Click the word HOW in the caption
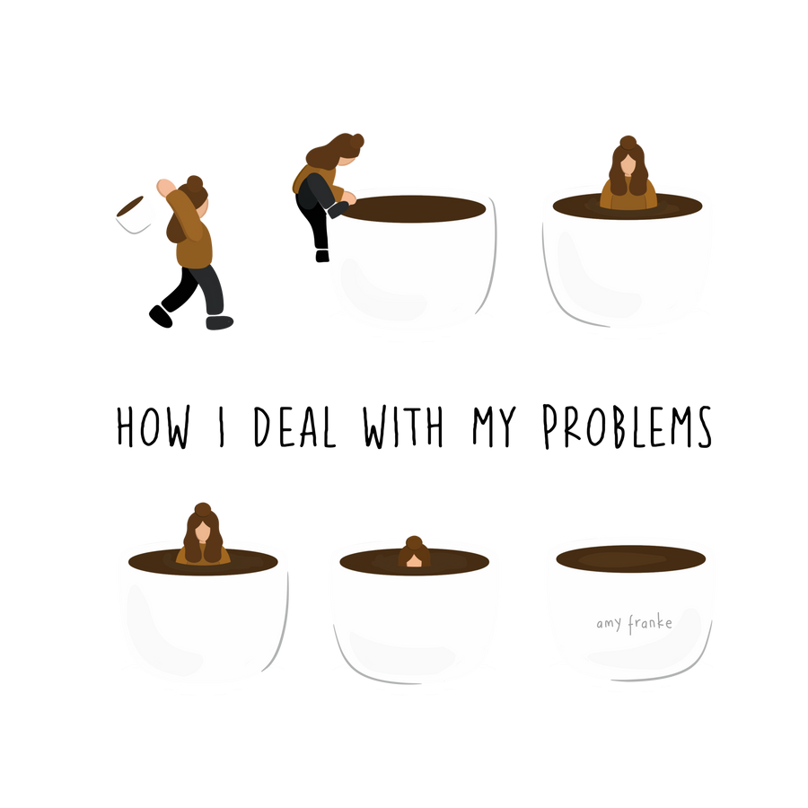(153, 426)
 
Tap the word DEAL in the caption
(294, 426)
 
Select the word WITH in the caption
(403, 426)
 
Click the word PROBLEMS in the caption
(628, 426)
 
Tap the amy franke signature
(635, 624)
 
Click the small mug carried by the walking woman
(134, 214)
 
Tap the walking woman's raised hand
(165, 187)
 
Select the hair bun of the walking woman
(195, 183)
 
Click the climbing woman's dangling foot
(322, 256)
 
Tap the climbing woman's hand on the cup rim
(349, 198)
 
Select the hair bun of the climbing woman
(356, 141)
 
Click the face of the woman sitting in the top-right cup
(628, 164)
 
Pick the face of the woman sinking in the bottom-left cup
(203, 531)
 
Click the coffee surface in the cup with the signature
(631, 558)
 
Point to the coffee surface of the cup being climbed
(415, 208)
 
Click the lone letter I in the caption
(222, 426)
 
